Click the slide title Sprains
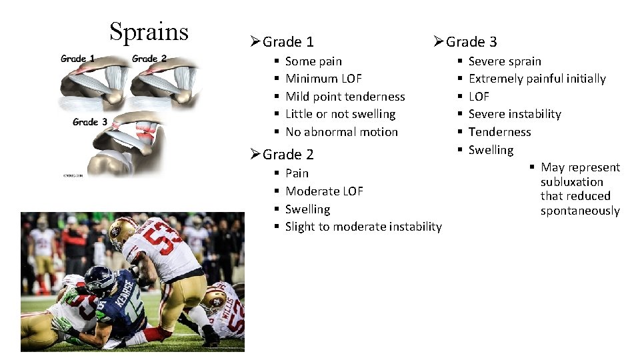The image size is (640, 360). pyautogui.click(x=149, y=31)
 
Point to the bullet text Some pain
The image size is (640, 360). pyautogui.click(x=313, y=61)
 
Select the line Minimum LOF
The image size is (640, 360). pyautogui.click(x=323, y=79)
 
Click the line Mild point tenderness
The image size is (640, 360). pyautogui.click(x=345, y=97)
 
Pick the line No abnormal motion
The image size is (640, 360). pyautogui.click(x=341, y=132)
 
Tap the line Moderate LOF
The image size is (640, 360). pyautogui.click(x=324, y=191)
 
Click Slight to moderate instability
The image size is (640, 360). pyautogui.click(x=363, y=227)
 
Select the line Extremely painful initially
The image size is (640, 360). pyautogui.click(x=537, y=79)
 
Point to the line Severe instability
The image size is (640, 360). pyautogui.click(x=515, y=114)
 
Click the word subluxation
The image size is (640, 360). pyautogui.click(x=571, y=182)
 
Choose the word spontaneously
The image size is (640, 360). pyautogui.click(x=579, y=211)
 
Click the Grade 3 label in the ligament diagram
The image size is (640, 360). pyautogui.click(x=90, y=121)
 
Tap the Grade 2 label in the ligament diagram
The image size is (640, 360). pyautogui.click(x=149, y=59)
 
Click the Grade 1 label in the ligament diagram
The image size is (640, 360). pyautogui.click(x=78, y=59)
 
